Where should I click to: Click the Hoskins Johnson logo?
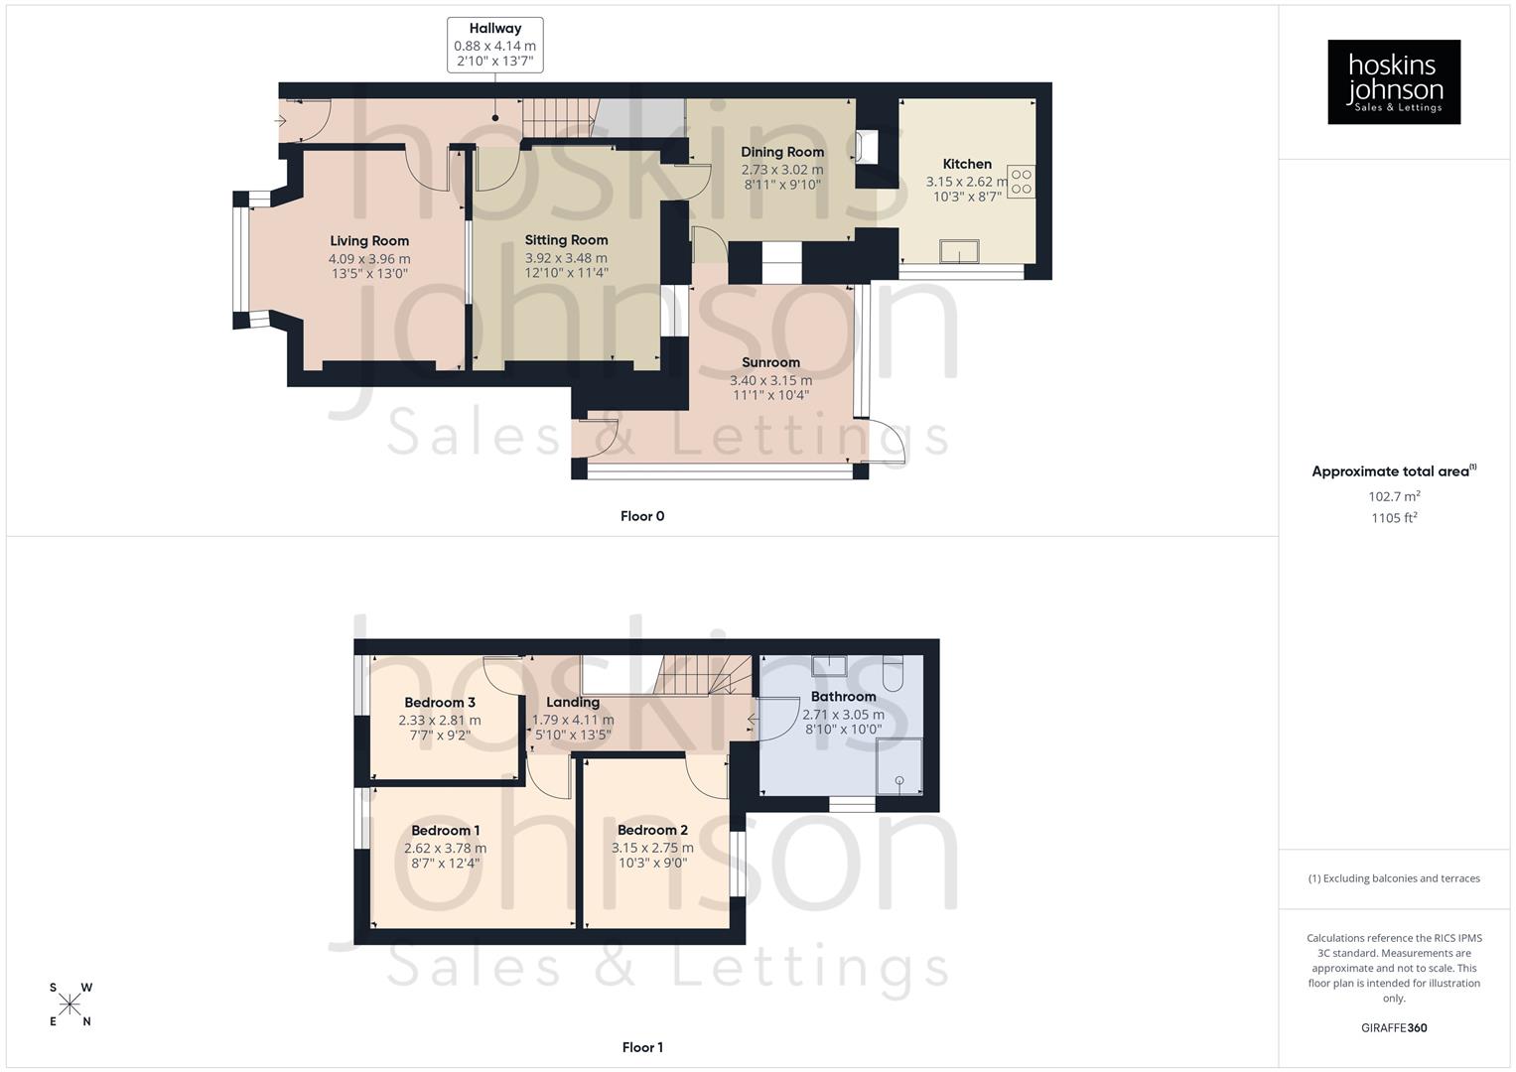pos(1393,81)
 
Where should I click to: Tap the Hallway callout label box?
pos(494,45)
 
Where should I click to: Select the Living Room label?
pos(369,241)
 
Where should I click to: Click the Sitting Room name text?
pos(566,240)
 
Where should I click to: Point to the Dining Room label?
pos(782,152)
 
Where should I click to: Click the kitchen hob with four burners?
pos(1021,182)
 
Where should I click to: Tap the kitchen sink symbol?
pos(959,252)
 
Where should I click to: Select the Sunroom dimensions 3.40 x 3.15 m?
pos(770,380)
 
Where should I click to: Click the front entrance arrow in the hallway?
pos(281,121)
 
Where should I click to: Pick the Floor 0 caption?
pos(642,516)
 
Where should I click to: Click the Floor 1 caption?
pos(642,1047)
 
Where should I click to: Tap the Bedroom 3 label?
pos(440,703)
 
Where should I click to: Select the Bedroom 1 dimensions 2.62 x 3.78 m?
pos(445,849)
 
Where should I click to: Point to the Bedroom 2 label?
pos(652,831)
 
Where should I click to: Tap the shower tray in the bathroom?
pos(898,765)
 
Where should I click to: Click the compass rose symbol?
pos(69,1005)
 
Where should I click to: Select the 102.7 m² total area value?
pos(1393,496)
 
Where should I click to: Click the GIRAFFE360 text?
pos(1393,1028)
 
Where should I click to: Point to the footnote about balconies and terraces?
pos(1393,878)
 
